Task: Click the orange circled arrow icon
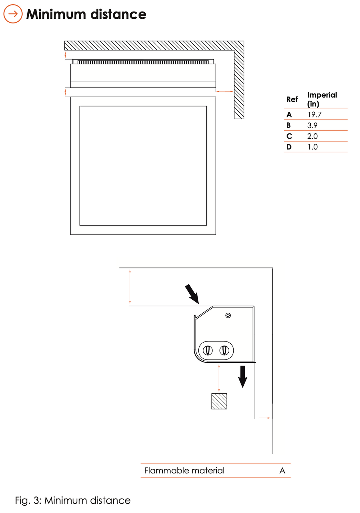click(x=13, y=14)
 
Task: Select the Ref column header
click(x=292, y=99)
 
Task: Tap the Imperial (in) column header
click(x=322, y=99)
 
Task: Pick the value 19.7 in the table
click(x=314, y=115)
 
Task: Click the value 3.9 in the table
click(x=312, y=125)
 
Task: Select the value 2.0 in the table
click(x=312, y=136)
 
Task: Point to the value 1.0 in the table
click(x=312, y=147)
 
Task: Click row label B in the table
click(x=289, y=125)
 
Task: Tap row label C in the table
click(x=289, y=136)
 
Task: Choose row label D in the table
click(x=289, y=147)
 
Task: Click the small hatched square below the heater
click(x=219, y=401)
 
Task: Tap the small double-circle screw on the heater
click(x=228, y=316)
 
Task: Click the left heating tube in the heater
click(x=208, y=350)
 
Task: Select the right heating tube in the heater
click(x=224, y=350)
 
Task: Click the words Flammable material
click(x=184, y=470)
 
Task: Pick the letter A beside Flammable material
click(x=282, y=470)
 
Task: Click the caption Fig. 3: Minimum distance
click(x=73, y=500)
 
